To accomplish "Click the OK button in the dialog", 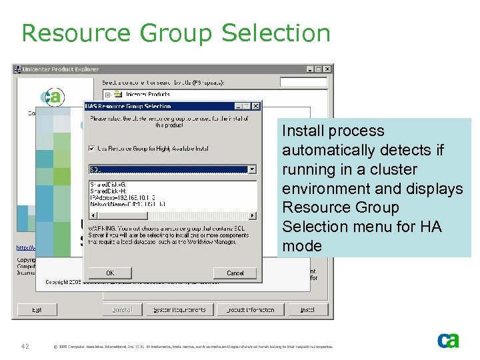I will (x=110, y=273).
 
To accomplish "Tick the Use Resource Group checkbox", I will (x=92, y=148).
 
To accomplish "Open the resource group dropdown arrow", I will (x=252, y=169).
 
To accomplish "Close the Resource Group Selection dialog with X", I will (x=256, y=106).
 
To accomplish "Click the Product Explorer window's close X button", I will (x=327, y=69).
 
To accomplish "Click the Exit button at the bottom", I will (x=37, y=310).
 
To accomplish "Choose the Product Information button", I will (x=251, y=310).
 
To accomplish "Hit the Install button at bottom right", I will (x=307, y=310).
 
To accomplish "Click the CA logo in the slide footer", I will (x=448, y=341).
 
